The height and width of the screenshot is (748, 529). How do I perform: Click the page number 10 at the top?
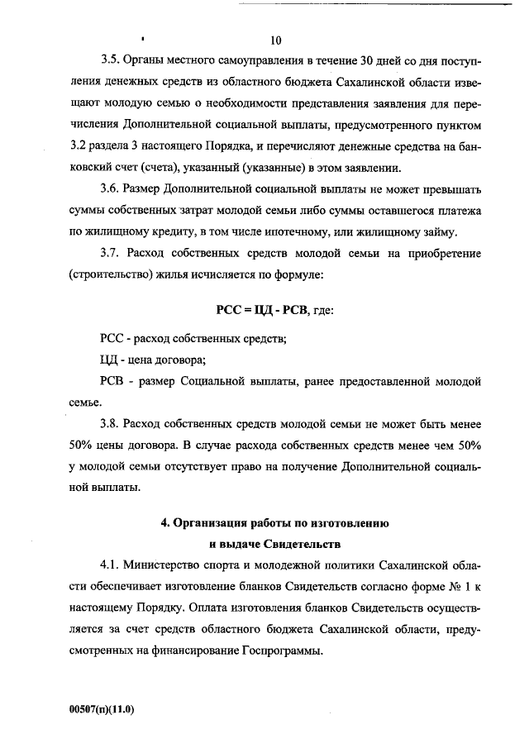point(275,40)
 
